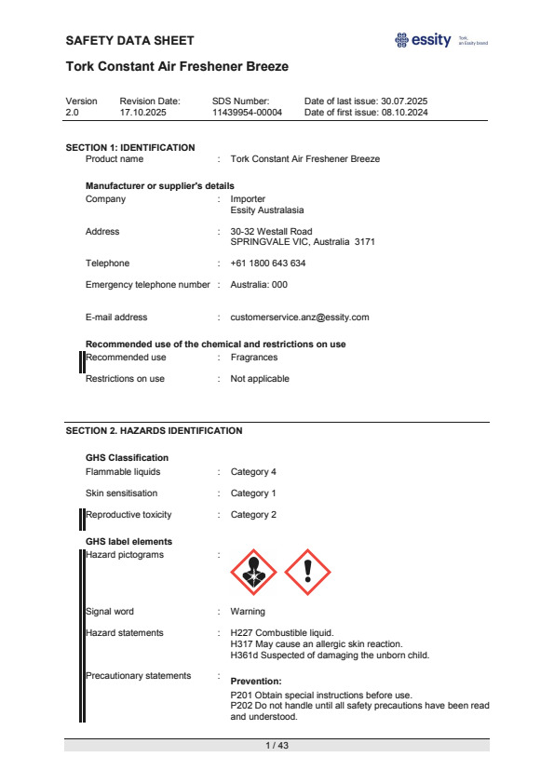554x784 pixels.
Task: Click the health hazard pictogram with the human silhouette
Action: click(x=252, y=572)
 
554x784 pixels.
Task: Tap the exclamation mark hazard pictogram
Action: click(x=307, y=572)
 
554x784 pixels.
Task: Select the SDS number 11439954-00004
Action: click(x=247, y=112)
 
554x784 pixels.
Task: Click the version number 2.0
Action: click(x=73, y=112)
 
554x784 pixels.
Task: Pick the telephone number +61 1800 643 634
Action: click(x=268, y=264)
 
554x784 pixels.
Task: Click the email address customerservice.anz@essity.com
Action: click(x=300, y=318)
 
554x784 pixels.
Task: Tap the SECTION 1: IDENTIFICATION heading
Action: click(x=130, y=147)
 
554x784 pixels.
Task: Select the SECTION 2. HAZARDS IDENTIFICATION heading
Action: click(x=154, y=431)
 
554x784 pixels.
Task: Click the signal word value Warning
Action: click(x=248, y=612)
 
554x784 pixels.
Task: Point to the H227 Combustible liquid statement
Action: click(x=281, y=633)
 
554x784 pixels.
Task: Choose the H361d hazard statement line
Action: click(x=329, y=655)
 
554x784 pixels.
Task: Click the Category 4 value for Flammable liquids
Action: click(x=253, y=472)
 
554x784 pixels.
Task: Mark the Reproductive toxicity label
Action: click(x=128, y=515)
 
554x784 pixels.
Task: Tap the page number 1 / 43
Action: click(x=277, y=746)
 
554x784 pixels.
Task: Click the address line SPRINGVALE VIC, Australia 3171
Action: click(x=303, y=242)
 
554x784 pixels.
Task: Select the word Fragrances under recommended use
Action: click(x=254, y=358)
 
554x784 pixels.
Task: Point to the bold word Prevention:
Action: click(x=256, y=682)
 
